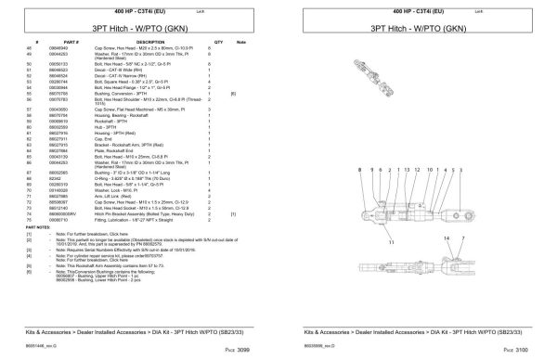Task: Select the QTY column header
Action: click(x=218, y=43)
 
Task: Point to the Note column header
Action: click(x=240, y=43)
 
